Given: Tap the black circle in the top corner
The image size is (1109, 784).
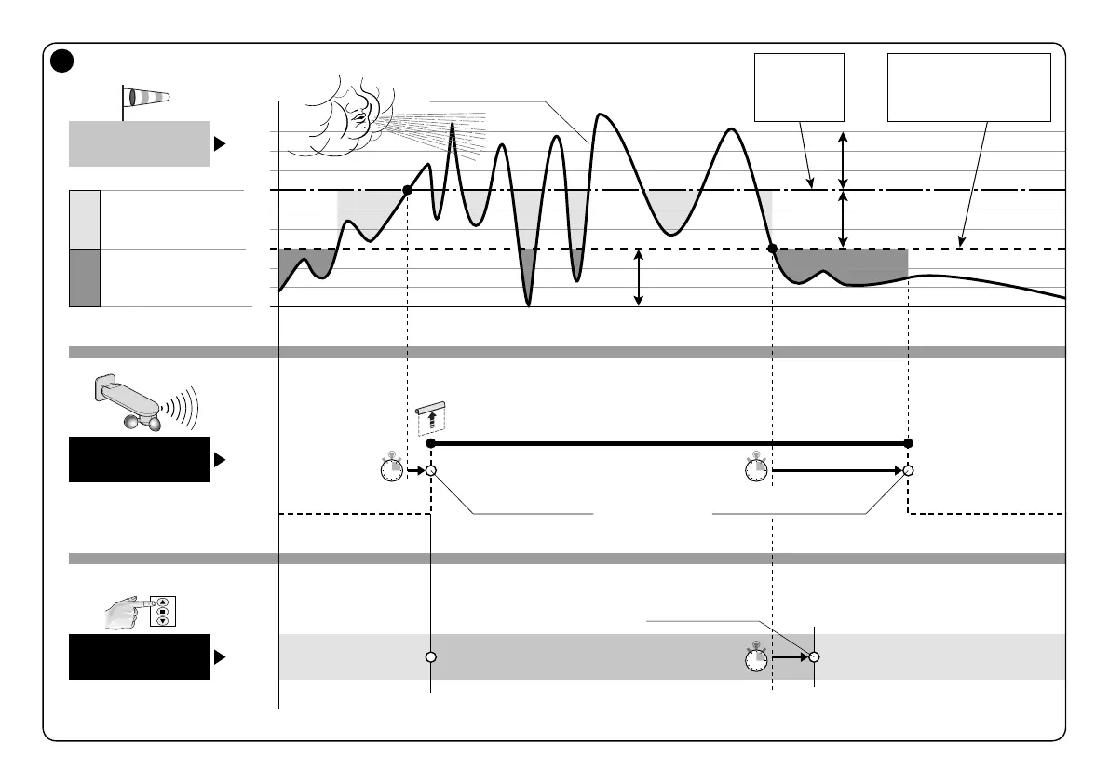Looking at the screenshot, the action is (61, 61).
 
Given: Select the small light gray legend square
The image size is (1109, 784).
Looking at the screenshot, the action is (84, 219).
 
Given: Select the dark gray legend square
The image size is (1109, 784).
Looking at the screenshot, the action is (84, 277).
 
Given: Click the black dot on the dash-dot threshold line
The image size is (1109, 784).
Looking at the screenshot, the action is (407, 190).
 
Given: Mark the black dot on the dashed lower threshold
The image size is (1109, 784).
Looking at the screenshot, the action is (772, 248).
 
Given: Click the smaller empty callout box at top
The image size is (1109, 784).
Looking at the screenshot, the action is (799, 88).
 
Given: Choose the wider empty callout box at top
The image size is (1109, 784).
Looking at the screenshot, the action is (968, 88).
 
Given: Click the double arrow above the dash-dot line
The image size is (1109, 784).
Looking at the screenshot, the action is (843, 160).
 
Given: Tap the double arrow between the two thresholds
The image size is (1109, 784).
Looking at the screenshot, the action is (843, 219).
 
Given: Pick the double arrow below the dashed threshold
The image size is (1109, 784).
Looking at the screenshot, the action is (639, 277).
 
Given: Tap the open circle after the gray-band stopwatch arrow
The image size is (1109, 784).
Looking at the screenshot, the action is (814, 656).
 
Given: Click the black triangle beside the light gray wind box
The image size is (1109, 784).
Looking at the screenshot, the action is (220, 144).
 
